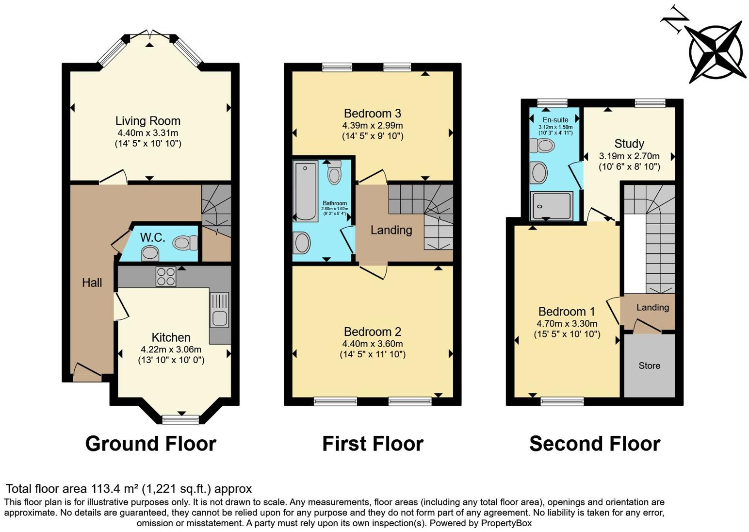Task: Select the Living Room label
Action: pos(147,121)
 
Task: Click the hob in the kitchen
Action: pos(165,277)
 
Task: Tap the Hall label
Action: pos(92,283)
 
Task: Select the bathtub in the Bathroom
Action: pos(306,191)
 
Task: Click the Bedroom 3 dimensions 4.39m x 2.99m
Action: pos(372,125)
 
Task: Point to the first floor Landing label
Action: pos(391,230)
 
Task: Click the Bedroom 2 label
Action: pos(372,332)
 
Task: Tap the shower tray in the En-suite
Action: pos(552,205)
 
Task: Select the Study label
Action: pos(629,144)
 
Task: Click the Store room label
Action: pos(649,366)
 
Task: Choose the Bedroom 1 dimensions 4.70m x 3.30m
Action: pos(567,323)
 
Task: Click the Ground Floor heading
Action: pos(150,444)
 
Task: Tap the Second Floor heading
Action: pos(594,444)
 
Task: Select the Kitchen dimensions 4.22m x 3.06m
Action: pos(171,349)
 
